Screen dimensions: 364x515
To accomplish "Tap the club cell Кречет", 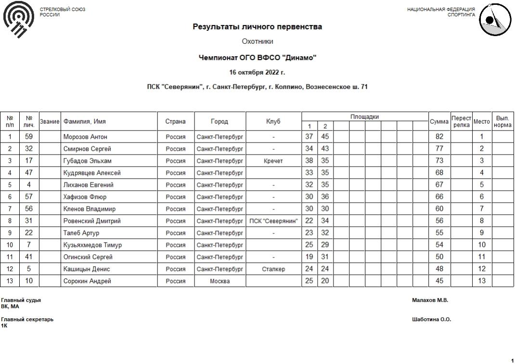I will pyautogui.click(x=273, y=161).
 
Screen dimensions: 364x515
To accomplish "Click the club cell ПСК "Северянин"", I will pyautogui.click(x=273, y=221).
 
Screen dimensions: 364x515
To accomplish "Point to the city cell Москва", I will pyautogui.click(x=220, y=281).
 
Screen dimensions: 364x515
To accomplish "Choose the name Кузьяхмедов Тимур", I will pyautogui.click(x=92, y=245).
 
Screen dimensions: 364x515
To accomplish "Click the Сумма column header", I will pyautogui.click(x=438, y=121).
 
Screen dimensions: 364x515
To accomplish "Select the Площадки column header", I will pyautogui.click(x=364, y=117).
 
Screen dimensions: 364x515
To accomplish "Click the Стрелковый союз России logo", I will pyautogui.click(x=19, y=19).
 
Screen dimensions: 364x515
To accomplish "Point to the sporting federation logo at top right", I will pyautogui.click(x=494, y=20).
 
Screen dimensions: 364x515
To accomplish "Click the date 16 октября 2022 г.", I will pyautogui.click(x=257, y=73).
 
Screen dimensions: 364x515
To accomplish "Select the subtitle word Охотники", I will pyautogui.click(x=257, y=42).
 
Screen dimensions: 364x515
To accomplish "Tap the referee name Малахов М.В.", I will pyautogui.click(x=430, y=300).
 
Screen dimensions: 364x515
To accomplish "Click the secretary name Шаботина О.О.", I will pyautogui.click(x=431, y=319).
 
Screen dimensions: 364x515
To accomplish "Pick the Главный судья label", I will pyautogui.click(x=21, y=300).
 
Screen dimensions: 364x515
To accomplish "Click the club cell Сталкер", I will pyautogui.click(x=273, y=269).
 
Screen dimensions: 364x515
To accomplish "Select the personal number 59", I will pyautogui.click(x=28, y=137).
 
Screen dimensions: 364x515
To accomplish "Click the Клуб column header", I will pyautogui.click(x=273, y=121).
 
